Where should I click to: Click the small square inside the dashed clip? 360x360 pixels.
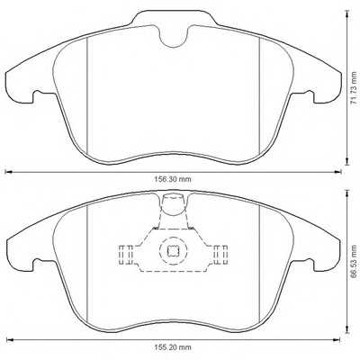point(173,253)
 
